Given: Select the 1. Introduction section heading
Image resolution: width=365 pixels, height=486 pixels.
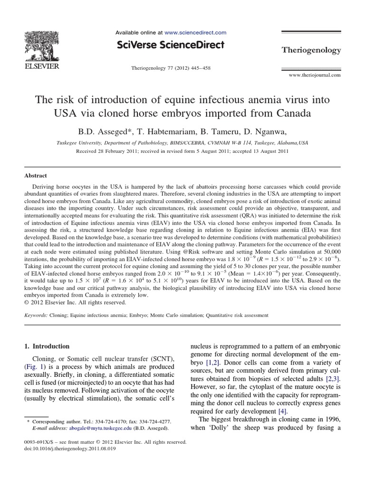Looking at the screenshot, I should pos(47,346).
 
